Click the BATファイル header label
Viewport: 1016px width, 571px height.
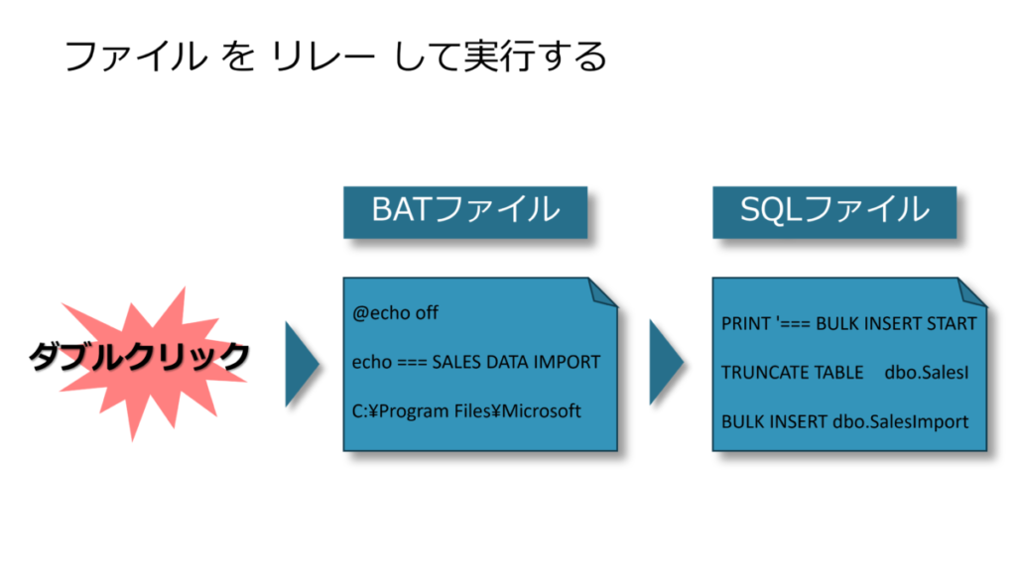click(465, 210)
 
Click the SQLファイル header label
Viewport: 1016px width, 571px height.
click(834, 210)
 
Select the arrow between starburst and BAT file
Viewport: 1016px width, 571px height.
click(301, 363)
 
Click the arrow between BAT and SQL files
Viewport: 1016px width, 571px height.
click(665, 363)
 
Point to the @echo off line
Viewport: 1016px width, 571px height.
click(395, 313)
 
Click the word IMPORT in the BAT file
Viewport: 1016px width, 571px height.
click(567, 362)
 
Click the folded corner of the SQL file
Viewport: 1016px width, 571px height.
click(972, 291)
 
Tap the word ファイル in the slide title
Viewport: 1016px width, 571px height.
click(134, 56)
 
